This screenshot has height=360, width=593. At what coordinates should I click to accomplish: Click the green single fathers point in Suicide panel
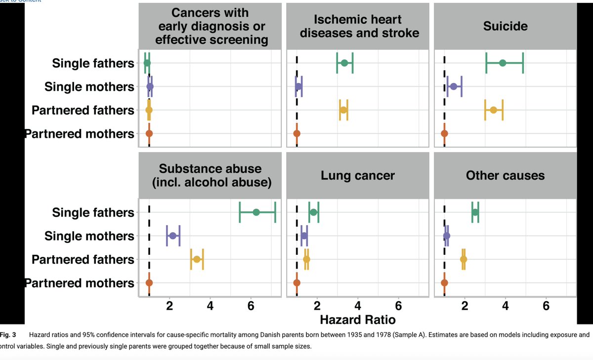coord(503,63)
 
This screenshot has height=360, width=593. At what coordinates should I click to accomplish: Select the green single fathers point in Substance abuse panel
coord(256,212)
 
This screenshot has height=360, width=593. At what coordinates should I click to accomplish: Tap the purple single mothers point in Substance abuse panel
coord(172,236)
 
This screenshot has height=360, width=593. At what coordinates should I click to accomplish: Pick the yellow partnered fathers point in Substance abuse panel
coord(197,259)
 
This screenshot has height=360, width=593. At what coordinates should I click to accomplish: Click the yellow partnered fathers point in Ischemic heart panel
coord(343,110)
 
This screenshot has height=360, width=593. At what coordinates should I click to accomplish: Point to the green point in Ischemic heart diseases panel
coord(344,63)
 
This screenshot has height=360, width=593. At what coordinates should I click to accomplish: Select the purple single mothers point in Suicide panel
coord(454,86)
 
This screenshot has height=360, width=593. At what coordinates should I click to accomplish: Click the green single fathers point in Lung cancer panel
coord(313,212)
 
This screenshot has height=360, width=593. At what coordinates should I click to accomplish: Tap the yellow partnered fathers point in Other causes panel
coord(464,259)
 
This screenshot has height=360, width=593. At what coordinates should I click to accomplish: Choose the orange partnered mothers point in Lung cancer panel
coord(296,283)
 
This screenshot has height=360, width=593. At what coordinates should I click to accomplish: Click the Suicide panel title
coord(505,26)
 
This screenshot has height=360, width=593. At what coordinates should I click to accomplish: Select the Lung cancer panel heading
coord(357,175)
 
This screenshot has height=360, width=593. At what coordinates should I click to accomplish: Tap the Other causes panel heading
coord(505,175)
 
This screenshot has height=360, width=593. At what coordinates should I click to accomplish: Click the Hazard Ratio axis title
coord(357,320)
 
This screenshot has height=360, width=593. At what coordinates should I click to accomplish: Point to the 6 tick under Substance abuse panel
coord(251,305)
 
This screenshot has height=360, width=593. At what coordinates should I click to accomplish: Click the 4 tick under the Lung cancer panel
coord(357,305)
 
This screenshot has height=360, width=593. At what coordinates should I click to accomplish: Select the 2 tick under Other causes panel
coord(465,305)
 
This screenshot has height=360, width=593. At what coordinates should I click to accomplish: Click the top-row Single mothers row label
coord(89,87)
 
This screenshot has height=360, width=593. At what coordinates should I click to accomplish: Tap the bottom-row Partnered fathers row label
coord(83,259)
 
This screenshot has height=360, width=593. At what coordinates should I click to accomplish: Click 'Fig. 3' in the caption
coord(8,335)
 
